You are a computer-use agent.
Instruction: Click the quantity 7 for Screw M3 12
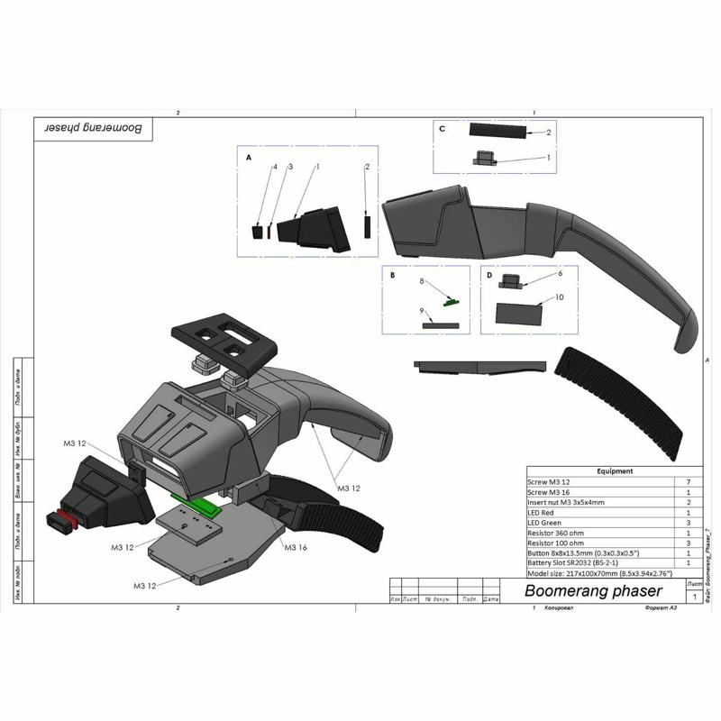tap(689, 483)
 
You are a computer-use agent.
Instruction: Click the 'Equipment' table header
tap(616, 470)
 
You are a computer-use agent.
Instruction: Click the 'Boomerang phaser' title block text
tap(593, 591)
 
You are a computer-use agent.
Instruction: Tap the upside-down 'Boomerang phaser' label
tap(94, 128)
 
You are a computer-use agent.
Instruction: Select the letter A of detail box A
tap(248, 156)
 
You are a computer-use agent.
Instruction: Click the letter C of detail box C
tap(442, 129)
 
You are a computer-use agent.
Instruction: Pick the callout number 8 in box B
tap(421, 281)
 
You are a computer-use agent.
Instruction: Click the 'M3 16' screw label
tap(296, 547)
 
